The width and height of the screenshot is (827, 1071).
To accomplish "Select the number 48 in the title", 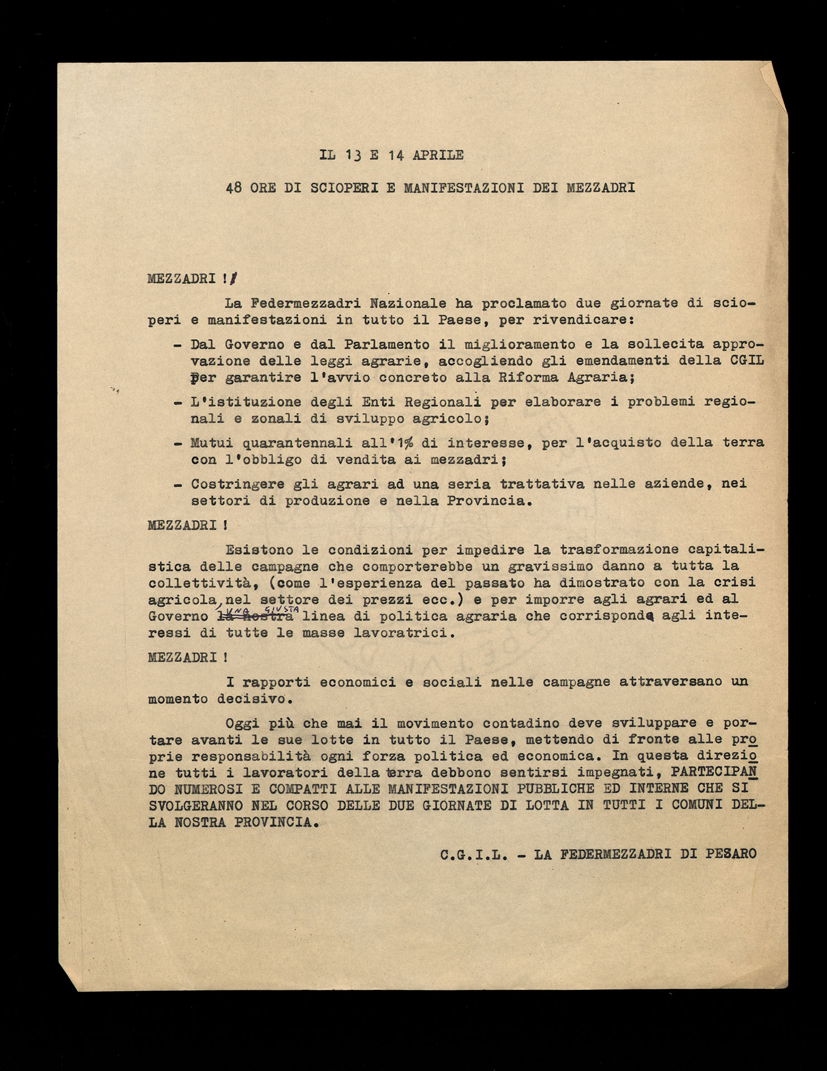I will (x=234, y=188).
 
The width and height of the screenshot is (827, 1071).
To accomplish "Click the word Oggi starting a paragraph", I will (x=241, y=722).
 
